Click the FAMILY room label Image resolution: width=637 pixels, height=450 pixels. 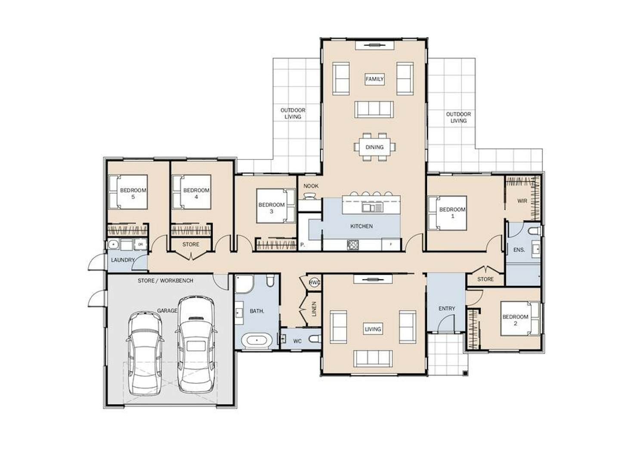[374, 79]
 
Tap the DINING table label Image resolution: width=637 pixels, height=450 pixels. [374, 147]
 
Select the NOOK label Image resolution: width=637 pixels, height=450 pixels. [311, 186]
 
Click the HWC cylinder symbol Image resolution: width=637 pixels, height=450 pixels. [314, 283]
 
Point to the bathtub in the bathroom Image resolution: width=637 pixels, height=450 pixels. [257, 340]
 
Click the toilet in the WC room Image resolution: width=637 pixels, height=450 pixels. [315, 339]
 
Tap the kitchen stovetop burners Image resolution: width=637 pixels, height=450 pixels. [353, 245]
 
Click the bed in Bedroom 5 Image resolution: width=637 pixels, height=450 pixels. [128, 192]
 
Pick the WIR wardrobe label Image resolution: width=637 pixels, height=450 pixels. [522, 201]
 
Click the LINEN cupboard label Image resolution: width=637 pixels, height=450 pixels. [314, 309]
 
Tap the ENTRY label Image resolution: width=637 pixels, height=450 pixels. [447, 308]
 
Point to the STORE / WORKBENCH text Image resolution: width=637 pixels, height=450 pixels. [166, 281]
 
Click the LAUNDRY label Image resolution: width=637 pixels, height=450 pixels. [123, 260]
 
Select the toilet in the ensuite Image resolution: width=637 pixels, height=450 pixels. [535, 230]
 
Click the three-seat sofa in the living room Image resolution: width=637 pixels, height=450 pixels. [373, 358]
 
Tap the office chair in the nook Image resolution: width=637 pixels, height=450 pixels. [309, 196]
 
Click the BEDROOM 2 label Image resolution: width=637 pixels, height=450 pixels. [515, 320]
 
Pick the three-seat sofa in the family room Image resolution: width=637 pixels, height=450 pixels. [374, 109]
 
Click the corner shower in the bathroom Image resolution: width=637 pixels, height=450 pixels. [244, 284]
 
